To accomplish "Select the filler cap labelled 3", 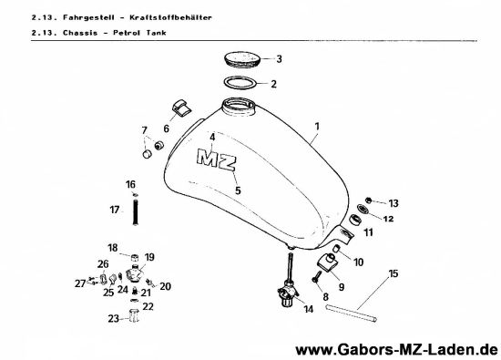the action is pyautogui.click(x=241, y=60).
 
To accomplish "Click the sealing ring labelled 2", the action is pyautogui.click(x=240, y=84).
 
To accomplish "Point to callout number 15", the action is pyautogui.click(x=393, y=273).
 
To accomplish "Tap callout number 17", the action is pyautogui.click(x=115, y=210).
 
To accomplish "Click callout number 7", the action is pyautogui.click(x=142, y=129).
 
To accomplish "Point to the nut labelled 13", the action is pyautogui.click(x=369, y=201).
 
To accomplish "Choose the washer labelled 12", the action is pyautogui.click(x=362, y=211).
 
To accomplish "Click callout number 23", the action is pyautogui.click(x=113, y=318).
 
